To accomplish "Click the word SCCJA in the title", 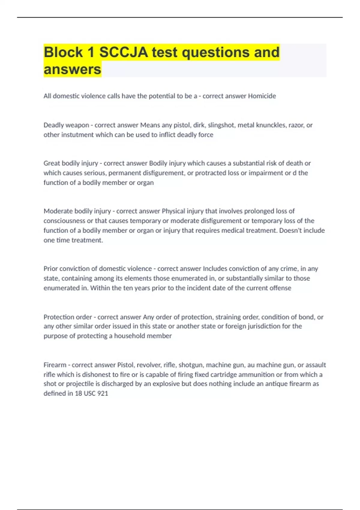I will (x=124, y=52).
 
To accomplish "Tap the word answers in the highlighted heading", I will (x=72, y=69).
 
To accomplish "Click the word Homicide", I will (x=262, y=96).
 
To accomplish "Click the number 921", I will (x=103, y=393).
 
